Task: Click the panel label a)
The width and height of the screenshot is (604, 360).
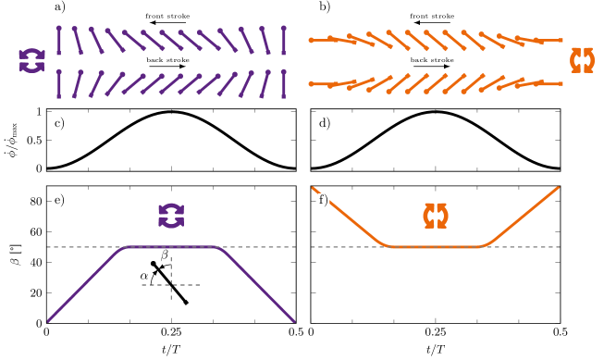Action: point(60,7)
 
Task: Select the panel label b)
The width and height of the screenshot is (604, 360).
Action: point(325,7)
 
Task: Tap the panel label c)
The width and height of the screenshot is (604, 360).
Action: point(60,123)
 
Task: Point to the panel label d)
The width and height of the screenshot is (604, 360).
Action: point(325,123)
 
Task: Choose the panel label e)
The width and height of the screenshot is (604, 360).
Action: point(60,200)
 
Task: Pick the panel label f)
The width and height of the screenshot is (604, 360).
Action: point(325,200)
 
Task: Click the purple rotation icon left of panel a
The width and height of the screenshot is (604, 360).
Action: point(31,61)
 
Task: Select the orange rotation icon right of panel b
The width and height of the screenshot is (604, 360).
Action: point(583,60)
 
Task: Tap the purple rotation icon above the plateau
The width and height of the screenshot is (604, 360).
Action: point(171,216)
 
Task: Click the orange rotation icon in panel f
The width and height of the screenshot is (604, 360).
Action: point(436,216)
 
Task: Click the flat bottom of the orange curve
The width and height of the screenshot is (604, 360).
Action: point(436,247)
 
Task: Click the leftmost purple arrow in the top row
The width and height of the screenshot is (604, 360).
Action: point(58,41)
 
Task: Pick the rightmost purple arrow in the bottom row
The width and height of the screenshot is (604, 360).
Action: point(284,83)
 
